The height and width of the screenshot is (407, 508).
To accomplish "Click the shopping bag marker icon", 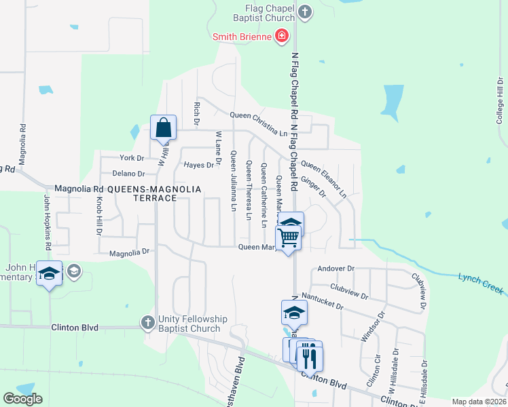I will coord(164,128).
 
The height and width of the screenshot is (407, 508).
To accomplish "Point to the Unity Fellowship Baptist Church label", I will coord(189,324).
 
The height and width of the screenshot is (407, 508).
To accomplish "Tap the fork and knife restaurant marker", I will coord(310,355).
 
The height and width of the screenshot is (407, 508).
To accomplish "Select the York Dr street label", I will coord(131,158).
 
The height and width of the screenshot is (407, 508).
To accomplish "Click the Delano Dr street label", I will coord(128,174).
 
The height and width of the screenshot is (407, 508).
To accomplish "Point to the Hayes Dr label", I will coord(198,165).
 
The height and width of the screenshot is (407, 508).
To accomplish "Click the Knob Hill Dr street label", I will coord(98,216).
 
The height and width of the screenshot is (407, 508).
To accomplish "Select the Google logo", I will coord(22,399).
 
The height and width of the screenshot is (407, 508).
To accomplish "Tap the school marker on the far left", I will coord(49,273).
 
